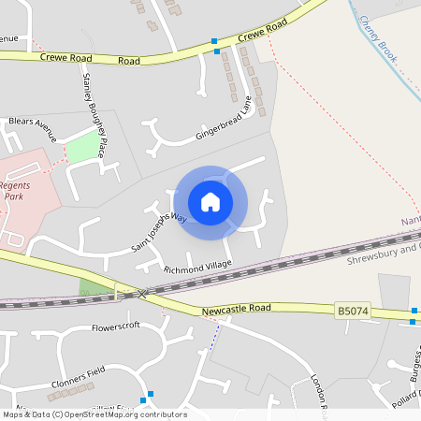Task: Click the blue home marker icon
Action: click(210, 202)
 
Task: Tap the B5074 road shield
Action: click(350, 310)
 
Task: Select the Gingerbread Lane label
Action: click(225, 120)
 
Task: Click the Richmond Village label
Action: click(197, 269)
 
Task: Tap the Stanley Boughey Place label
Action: click(95, 109)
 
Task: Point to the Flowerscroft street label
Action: click(115, 328)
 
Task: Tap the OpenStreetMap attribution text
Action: click(94, 414)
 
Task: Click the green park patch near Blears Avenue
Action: click(83, 146)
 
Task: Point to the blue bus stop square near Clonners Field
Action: click(150, 394)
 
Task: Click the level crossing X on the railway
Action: click(143, 293)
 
